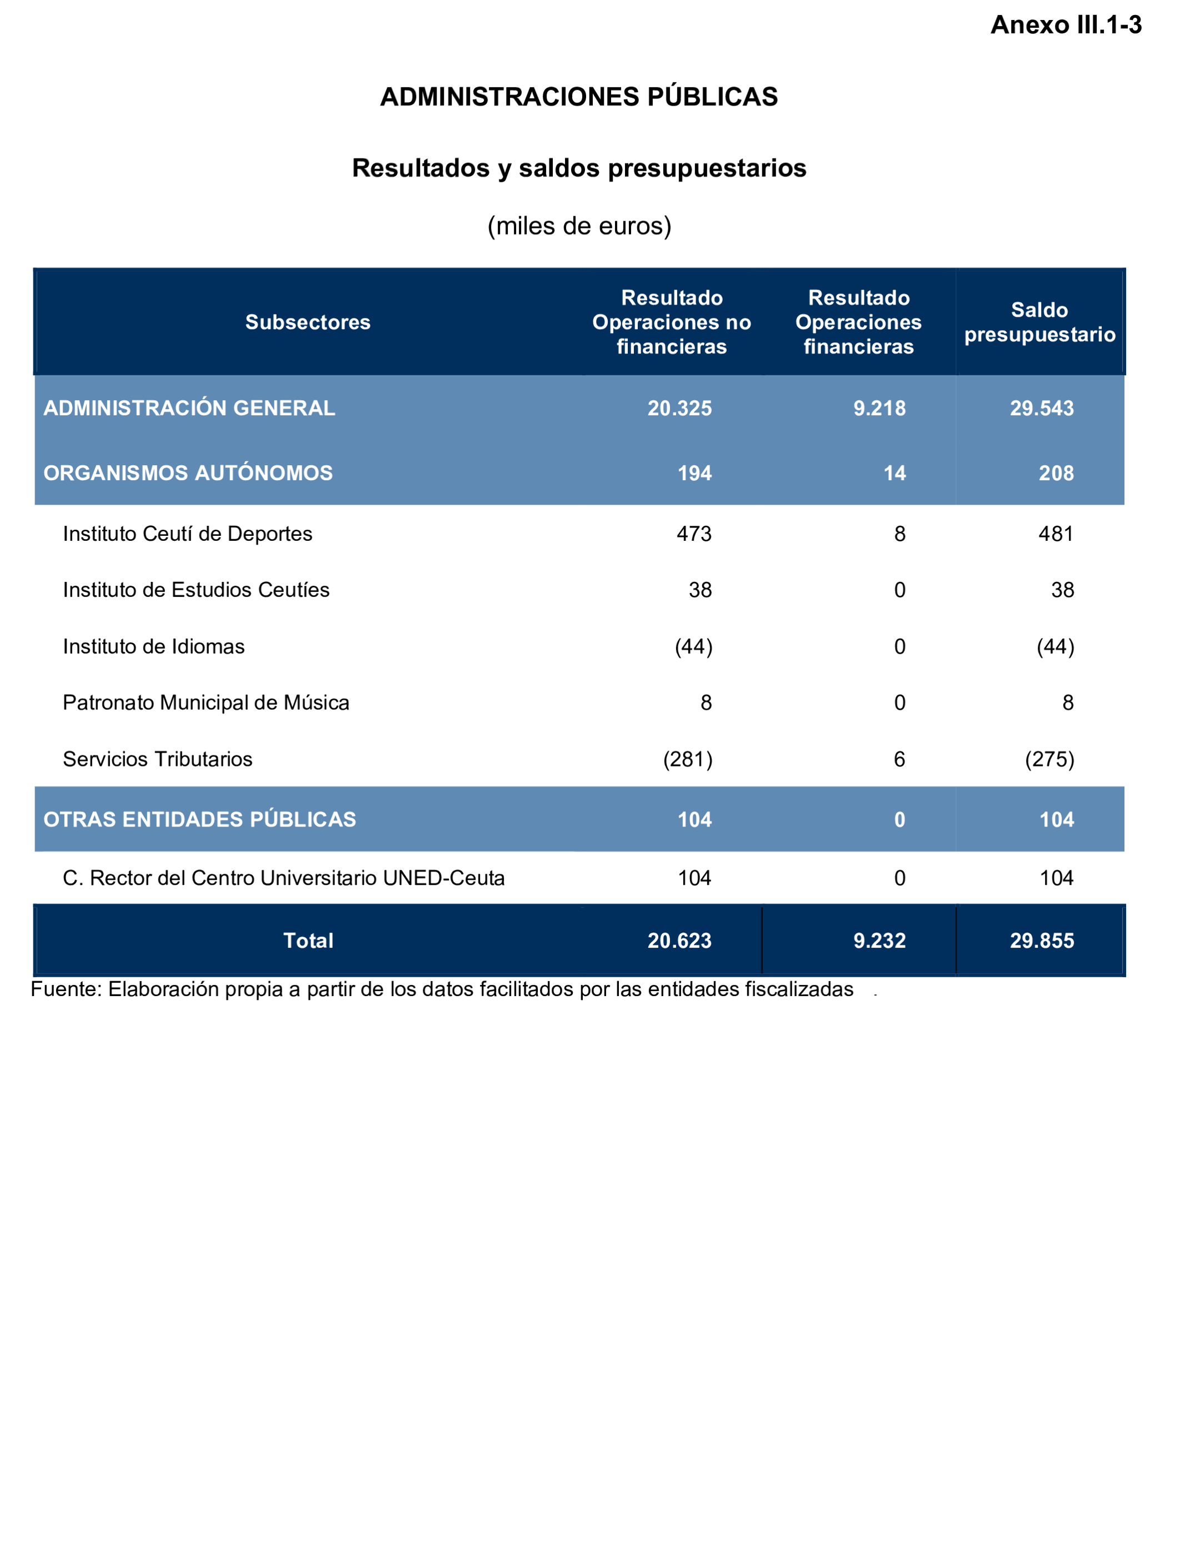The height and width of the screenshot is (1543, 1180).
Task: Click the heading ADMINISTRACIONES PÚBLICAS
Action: click(579, 97)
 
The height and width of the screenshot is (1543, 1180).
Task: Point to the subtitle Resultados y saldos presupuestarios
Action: click(579, 168)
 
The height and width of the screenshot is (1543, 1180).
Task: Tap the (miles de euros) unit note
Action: click(579, 226)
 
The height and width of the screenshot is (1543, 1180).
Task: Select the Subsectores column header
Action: click(308, 322)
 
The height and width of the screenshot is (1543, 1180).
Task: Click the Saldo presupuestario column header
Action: click(1039, 322)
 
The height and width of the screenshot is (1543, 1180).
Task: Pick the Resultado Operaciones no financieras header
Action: click(672, 322)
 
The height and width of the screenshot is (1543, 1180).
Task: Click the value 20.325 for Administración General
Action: click(679, 408)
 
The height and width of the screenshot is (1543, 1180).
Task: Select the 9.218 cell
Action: click(879, 408)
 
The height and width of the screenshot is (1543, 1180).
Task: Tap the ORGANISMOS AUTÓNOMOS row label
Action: click(188, 473)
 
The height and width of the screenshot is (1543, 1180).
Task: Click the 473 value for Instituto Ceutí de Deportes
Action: click(694, 534)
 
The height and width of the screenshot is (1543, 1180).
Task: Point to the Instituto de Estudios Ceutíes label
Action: click(196, 590)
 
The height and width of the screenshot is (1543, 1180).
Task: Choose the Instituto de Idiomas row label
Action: click(154, 646)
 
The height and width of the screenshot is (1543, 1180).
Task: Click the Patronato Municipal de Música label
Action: click(206, 703)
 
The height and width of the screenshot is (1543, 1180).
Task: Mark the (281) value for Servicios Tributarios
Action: click(688, 759)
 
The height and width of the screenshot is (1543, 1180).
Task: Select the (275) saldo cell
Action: click(1049, 759)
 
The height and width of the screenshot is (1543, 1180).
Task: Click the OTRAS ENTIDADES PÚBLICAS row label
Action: click(199, 819)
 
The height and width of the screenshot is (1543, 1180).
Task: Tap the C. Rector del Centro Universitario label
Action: click(284, 878)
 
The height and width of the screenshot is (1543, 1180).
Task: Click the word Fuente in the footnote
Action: click(66, 989)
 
